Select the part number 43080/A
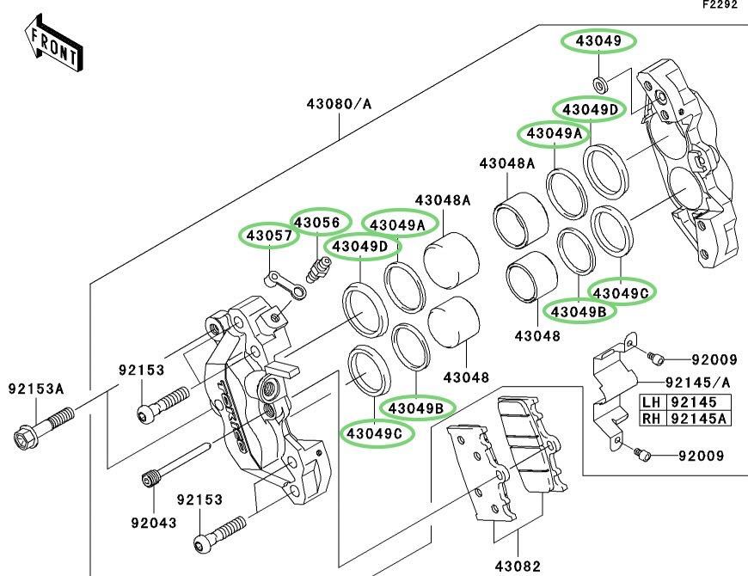click(339, 104)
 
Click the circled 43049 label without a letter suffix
click(598, 40)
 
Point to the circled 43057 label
click(265, 234)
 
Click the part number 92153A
click(36, 389)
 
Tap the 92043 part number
click(152, 521)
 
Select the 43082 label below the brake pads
click(518, 566)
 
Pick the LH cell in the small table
click(652, 401)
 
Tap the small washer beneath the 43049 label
click(598, 83)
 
